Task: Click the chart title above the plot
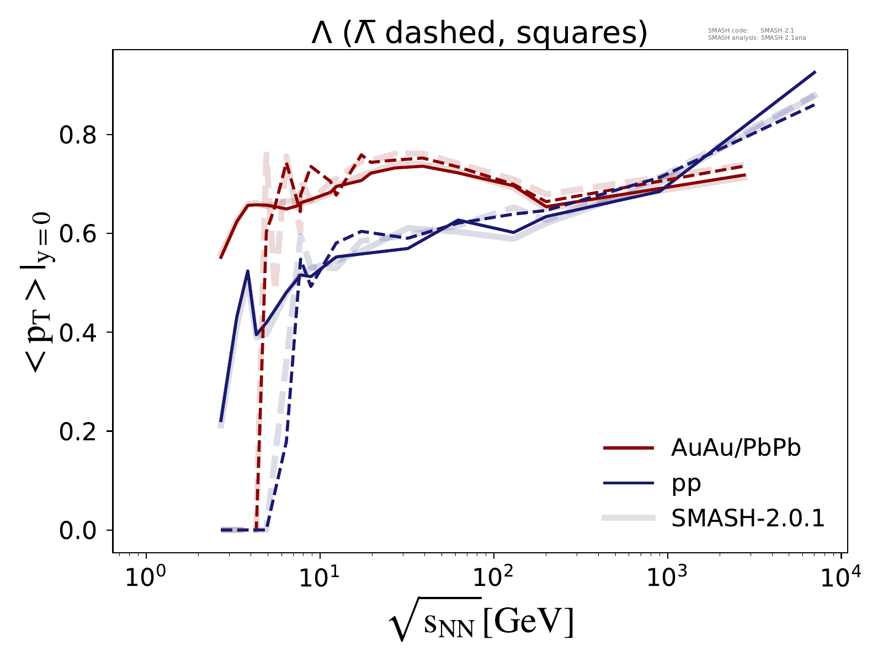(479, 34)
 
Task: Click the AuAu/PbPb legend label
(736, 449)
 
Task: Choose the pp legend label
(686, 483)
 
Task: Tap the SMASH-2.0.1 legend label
(748, 518)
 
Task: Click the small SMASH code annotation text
(751, 31)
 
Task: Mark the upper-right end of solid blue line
(815, 72)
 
